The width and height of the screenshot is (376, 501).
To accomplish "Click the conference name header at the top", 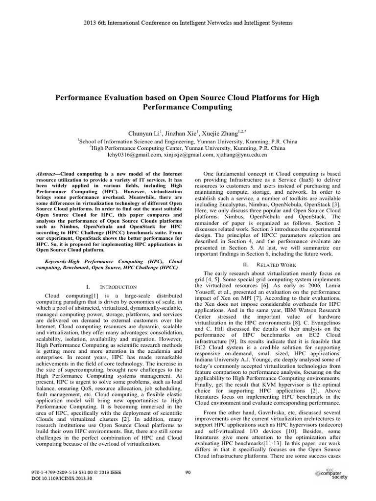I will [188, 23].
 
